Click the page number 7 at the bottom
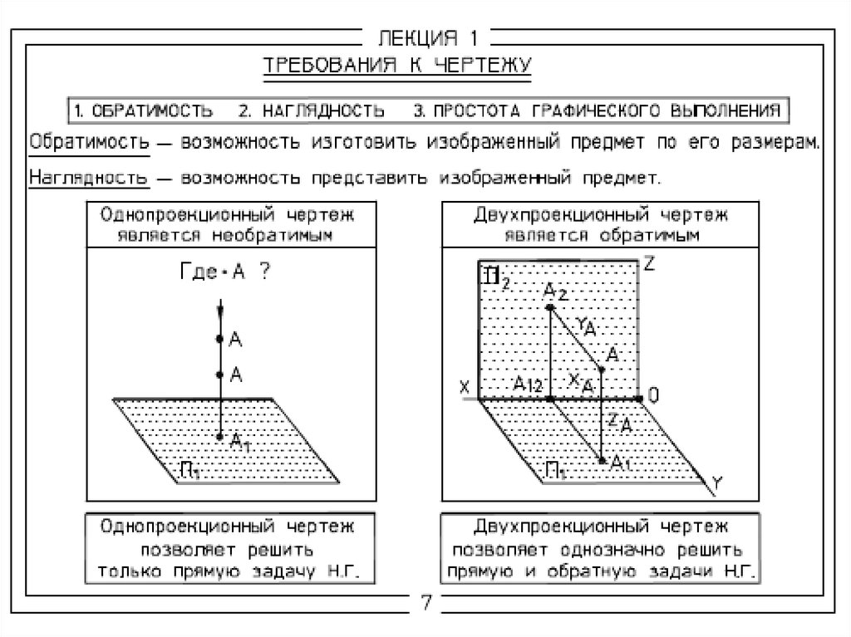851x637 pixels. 426,602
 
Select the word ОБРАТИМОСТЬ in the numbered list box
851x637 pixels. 152,110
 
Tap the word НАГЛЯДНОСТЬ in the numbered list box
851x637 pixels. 323,110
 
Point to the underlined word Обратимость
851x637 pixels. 89,142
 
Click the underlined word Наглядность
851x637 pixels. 88,178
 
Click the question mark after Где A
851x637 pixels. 264,271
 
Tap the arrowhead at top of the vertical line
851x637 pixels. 220,311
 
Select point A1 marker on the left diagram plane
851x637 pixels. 219,436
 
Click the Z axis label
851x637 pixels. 649,264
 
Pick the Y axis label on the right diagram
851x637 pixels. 717,482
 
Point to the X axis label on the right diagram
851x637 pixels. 464,387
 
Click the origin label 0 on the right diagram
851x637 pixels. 653,395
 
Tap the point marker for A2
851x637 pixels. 550,307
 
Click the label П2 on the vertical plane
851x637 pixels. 496,277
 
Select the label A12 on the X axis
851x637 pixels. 528,385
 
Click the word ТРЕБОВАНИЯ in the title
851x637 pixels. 331,65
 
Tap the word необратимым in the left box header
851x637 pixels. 272,236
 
